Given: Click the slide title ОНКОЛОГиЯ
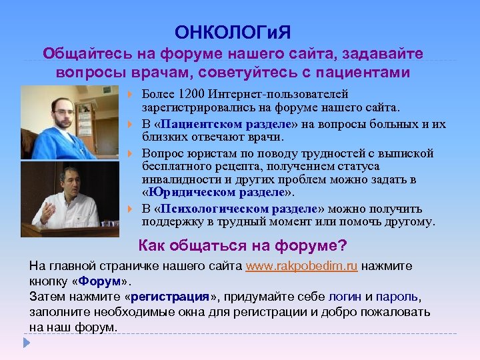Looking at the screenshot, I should coord(233,32).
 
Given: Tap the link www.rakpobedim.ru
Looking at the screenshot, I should coord(301,266).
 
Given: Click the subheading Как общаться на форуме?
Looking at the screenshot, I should coord(242,245).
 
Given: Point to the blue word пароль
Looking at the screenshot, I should coord(397,296).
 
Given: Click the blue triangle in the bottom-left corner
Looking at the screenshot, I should coord(27,343).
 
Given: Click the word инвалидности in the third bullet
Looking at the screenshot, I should coord(174,180).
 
